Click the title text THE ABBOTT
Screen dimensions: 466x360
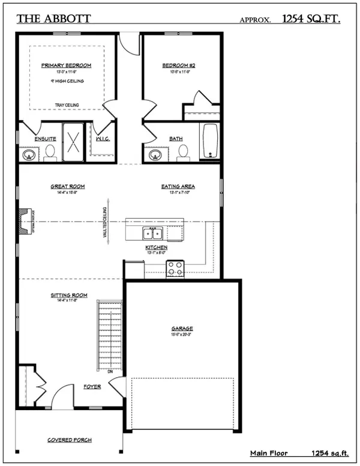[53, 19]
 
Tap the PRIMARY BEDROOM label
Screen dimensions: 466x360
[66, 65]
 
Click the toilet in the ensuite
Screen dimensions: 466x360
[50, 153]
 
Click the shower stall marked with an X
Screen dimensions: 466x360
[73, 142]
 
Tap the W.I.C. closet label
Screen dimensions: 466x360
[101, 139]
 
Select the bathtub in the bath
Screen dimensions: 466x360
[210, 142]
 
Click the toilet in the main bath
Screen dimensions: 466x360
[183, 153]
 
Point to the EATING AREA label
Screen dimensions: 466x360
[178, 186]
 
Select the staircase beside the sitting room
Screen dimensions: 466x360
[110, 336]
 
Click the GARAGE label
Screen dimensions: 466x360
[182, 328]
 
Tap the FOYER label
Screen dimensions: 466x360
[92, 387]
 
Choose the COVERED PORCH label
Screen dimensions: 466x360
[70, 440]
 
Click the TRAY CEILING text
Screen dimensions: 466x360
[67, 105]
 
